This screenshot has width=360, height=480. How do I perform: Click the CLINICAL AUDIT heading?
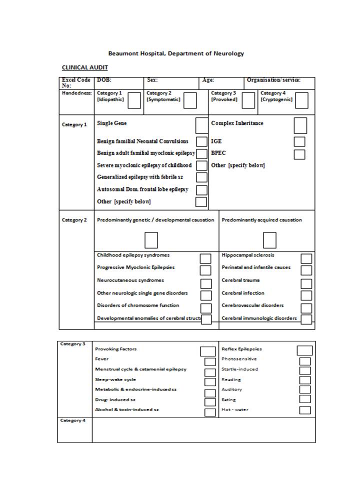84,67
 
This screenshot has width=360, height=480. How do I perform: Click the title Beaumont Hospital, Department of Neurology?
176,53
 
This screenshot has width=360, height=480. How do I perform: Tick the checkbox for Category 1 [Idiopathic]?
134,100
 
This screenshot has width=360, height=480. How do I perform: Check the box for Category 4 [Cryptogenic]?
301,100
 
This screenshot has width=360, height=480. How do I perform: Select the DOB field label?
104,80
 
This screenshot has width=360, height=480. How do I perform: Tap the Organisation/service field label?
273,80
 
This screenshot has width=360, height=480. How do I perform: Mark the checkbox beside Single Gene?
201,125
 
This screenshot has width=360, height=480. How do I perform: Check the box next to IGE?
299,142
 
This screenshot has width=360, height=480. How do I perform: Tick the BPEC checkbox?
299,154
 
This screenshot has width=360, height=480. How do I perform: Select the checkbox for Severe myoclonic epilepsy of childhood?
201,165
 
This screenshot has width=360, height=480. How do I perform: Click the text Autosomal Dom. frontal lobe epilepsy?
142,189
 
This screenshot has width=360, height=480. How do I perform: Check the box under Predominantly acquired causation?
269,240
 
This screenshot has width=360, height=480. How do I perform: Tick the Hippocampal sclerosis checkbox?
306,258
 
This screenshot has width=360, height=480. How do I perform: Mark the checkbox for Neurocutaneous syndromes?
205,283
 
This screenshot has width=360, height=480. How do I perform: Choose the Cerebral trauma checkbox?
306,283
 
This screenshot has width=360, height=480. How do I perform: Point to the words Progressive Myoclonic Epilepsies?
135,267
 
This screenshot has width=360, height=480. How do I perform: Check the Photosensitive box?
305,361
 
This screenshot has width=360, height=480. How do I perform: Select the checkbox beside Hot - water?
305,410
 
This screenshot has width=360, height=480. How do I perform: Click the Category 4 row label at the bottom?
73,420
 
